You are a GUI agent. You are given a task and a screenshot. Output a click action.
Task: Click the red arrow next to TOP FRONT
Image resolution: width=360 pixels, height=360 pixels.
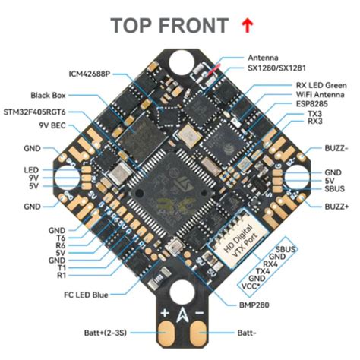click(x=248, y=25)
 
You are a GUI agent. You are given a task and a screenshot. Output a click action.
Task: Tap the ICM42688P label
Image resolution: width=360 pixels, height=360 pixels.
click(x=90, y=74)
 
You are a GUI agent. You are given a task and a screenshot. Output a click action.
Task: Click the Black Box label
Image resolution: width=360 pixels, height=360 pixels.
click(x=51, y=95)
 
